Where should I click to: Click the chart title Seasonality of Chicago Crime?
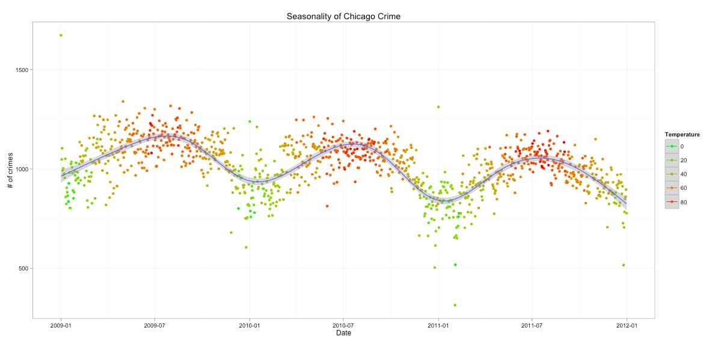click(343, 16)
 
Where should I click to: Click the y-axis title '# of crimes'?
click(11, 169)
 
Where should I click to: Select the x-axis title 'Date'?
click(343, 333)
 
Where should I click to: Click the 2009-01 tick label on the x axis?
click(61, 325)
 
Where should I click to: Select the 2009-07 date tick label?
click(155, 325)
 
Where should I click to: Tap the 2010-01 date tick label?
click(249, 325)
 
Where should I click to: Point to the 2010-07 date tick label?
click(343, 325)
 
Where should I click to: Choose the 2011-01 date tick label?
click(438, 325)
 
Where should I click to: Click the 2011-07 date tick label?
click(532, 325)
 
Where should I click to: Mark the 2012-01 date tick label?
click(627, 325)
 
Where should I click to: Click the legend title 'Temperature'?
click(682, 135)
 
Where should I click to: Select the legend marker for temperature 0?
click(672, 146)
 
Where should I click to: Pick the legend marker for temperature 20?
click(672, 160)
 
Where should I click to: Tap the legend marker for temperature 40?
click(672, 174)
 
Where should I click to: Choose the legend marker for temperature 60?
click(672, 188)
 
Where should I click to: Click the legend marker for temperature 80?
click(672, 203)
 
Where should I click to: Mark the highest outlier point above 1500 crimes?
click(61, 35)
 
